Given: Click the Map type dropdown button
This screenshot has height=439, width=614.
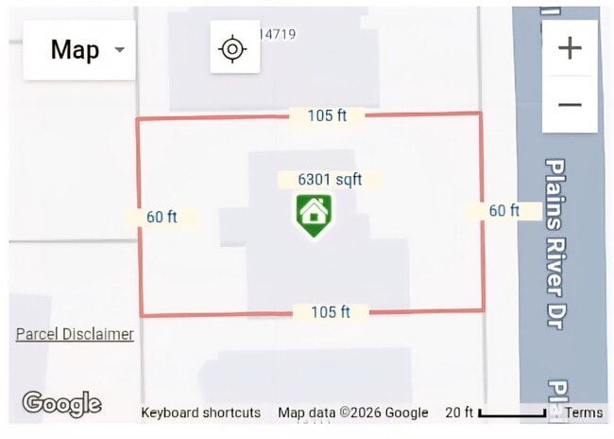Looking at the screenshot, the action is (x=79, y=50).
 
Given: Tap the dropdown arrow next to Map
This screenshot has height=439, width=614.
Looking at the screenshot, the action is (x=119, y=50).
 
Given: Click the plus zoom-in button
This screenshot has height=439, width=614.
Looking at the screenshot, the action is (x=570, y=48).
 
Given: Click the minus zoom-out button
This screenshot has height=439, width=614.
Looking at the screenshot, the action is (x=570, y=105).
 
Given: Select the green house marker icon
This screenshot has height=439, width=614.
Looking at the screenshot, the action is (x=314, y=216).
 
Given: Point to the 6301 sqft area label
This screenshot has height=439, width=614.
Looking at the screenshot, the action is (x=330, y=180).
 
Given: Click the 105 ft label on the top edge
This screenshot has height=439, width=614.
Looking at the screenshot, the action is (x=327, y=115).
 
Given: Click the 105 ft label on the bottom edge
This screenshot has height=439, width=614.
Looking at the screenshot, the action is (x=331, y=312).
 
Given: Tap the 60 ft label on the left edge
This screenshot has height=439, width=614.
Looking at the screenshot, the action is (x=162, y=217).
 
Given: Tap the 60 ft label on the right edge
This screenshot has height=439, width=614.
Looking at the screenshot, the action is (x=504, y=211).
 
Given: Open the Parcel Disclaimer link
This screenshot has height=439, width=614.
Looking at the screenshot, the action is (x=75, y=334).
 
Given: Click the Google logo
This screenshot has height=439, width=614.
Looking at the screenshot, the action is (x=61, y=404).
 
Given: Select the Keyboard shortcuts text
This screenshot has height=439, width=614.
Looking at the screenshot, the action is (x=200, y=413).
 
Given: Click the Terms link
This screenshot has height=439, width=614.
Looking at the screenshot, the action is (x=584, y=413).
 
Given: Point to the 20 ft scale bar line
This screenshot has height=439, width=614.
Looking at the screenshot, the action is (x=512, y=413).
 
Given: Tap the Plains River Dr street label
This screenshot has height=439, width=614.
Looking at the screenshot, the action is (x=555, y=243).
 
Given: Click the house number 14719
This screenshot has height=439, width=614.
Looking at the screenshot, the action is (x=277, y=34).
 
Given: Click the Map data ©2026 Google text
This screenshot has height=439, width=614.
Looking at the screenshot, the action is (x=353, y=413).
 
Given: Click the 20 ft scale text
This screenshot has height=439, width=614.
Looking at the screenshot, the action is (x=459, y=413).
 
